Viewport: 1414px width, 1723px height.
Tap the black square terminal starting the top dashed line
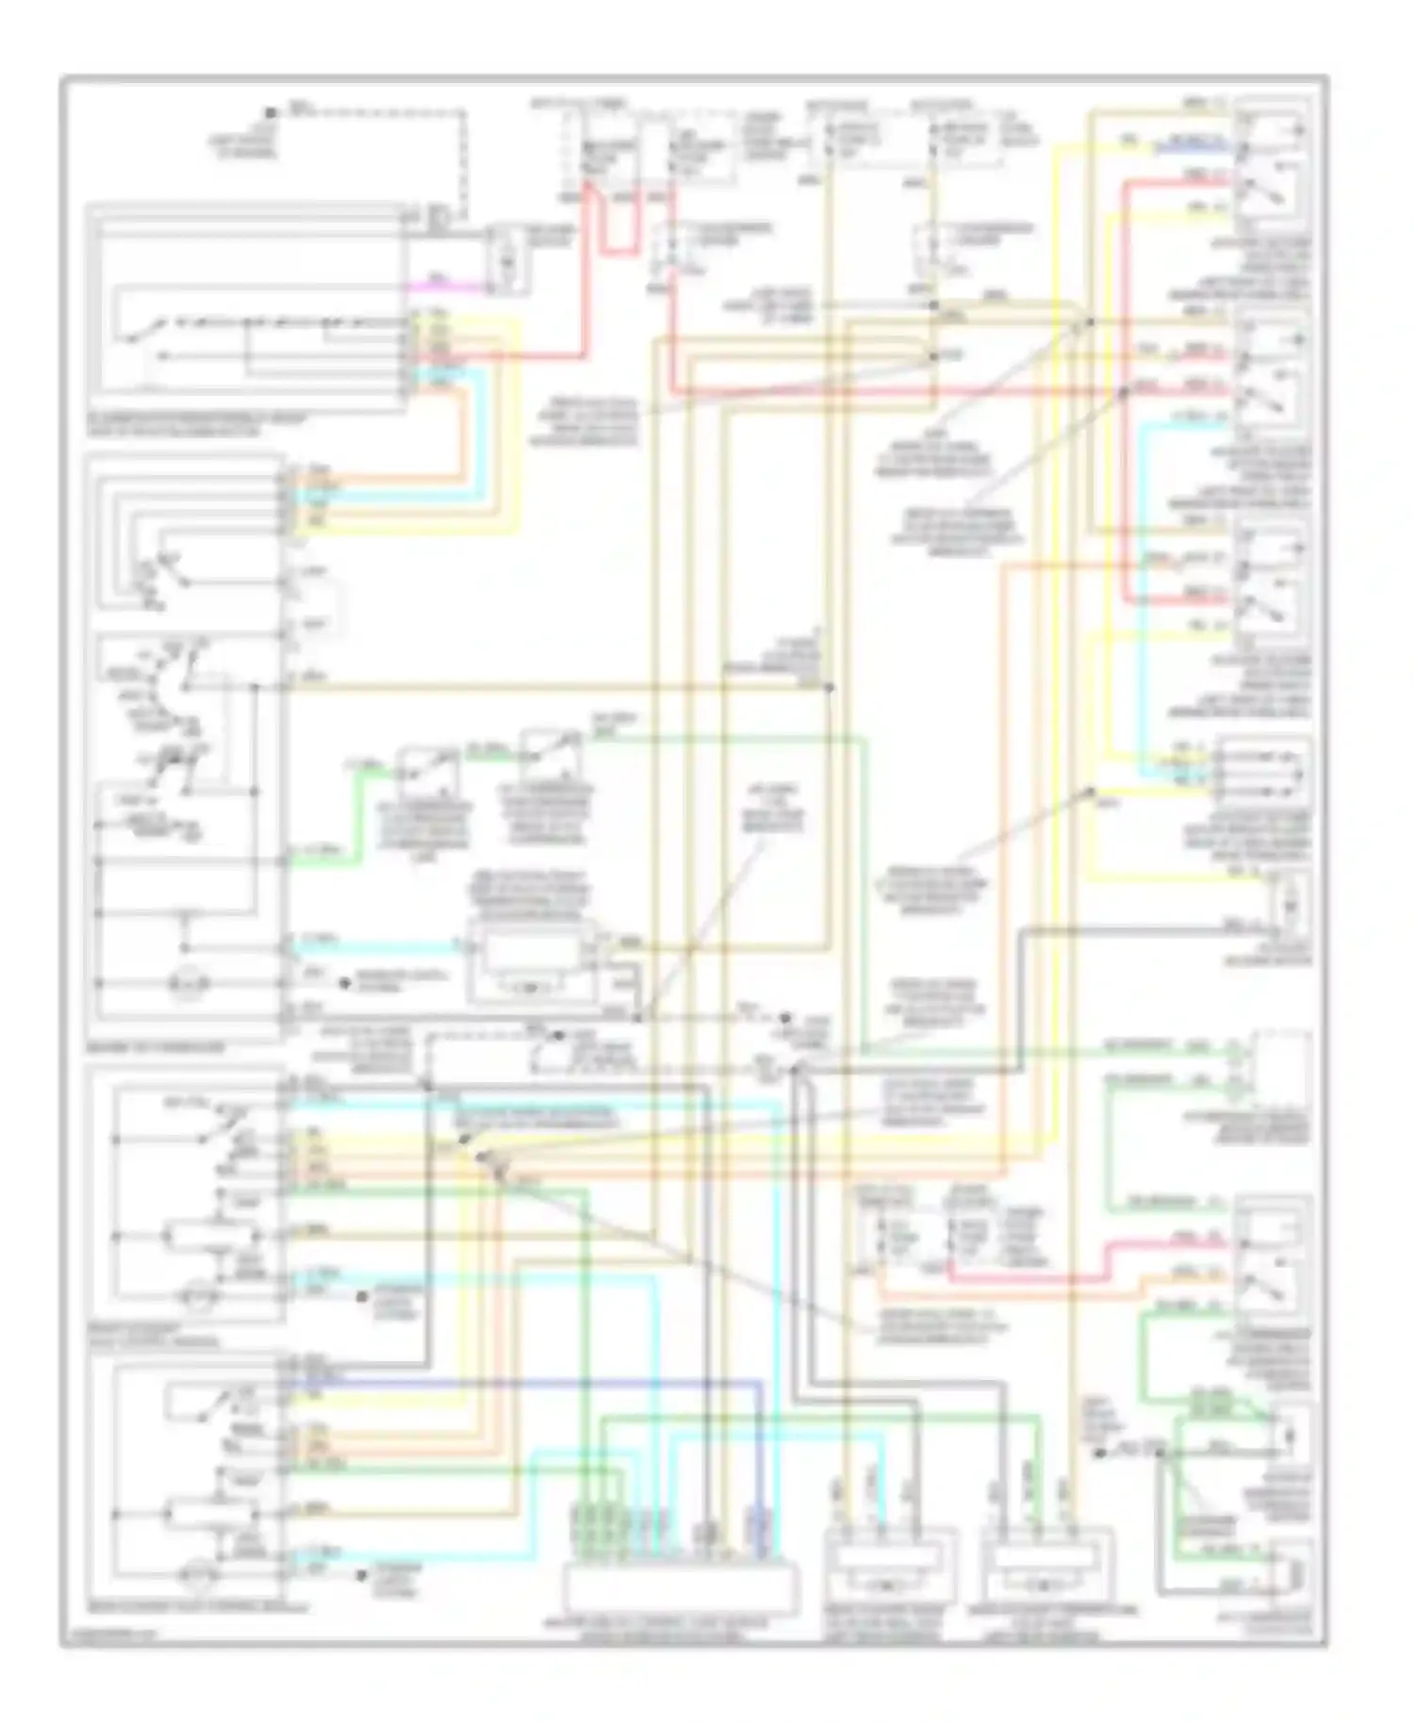[271, 112]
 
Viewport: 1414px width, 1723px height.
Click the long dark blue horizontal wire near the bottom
[528, 1383]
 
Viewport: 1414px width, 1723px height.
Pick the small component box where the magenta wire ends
[507, 258]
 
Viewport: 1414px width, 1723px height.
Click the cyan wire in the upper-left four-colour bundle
[377, 491]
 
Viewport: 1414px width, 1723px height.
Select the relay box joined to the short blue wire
[1273, 160]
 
